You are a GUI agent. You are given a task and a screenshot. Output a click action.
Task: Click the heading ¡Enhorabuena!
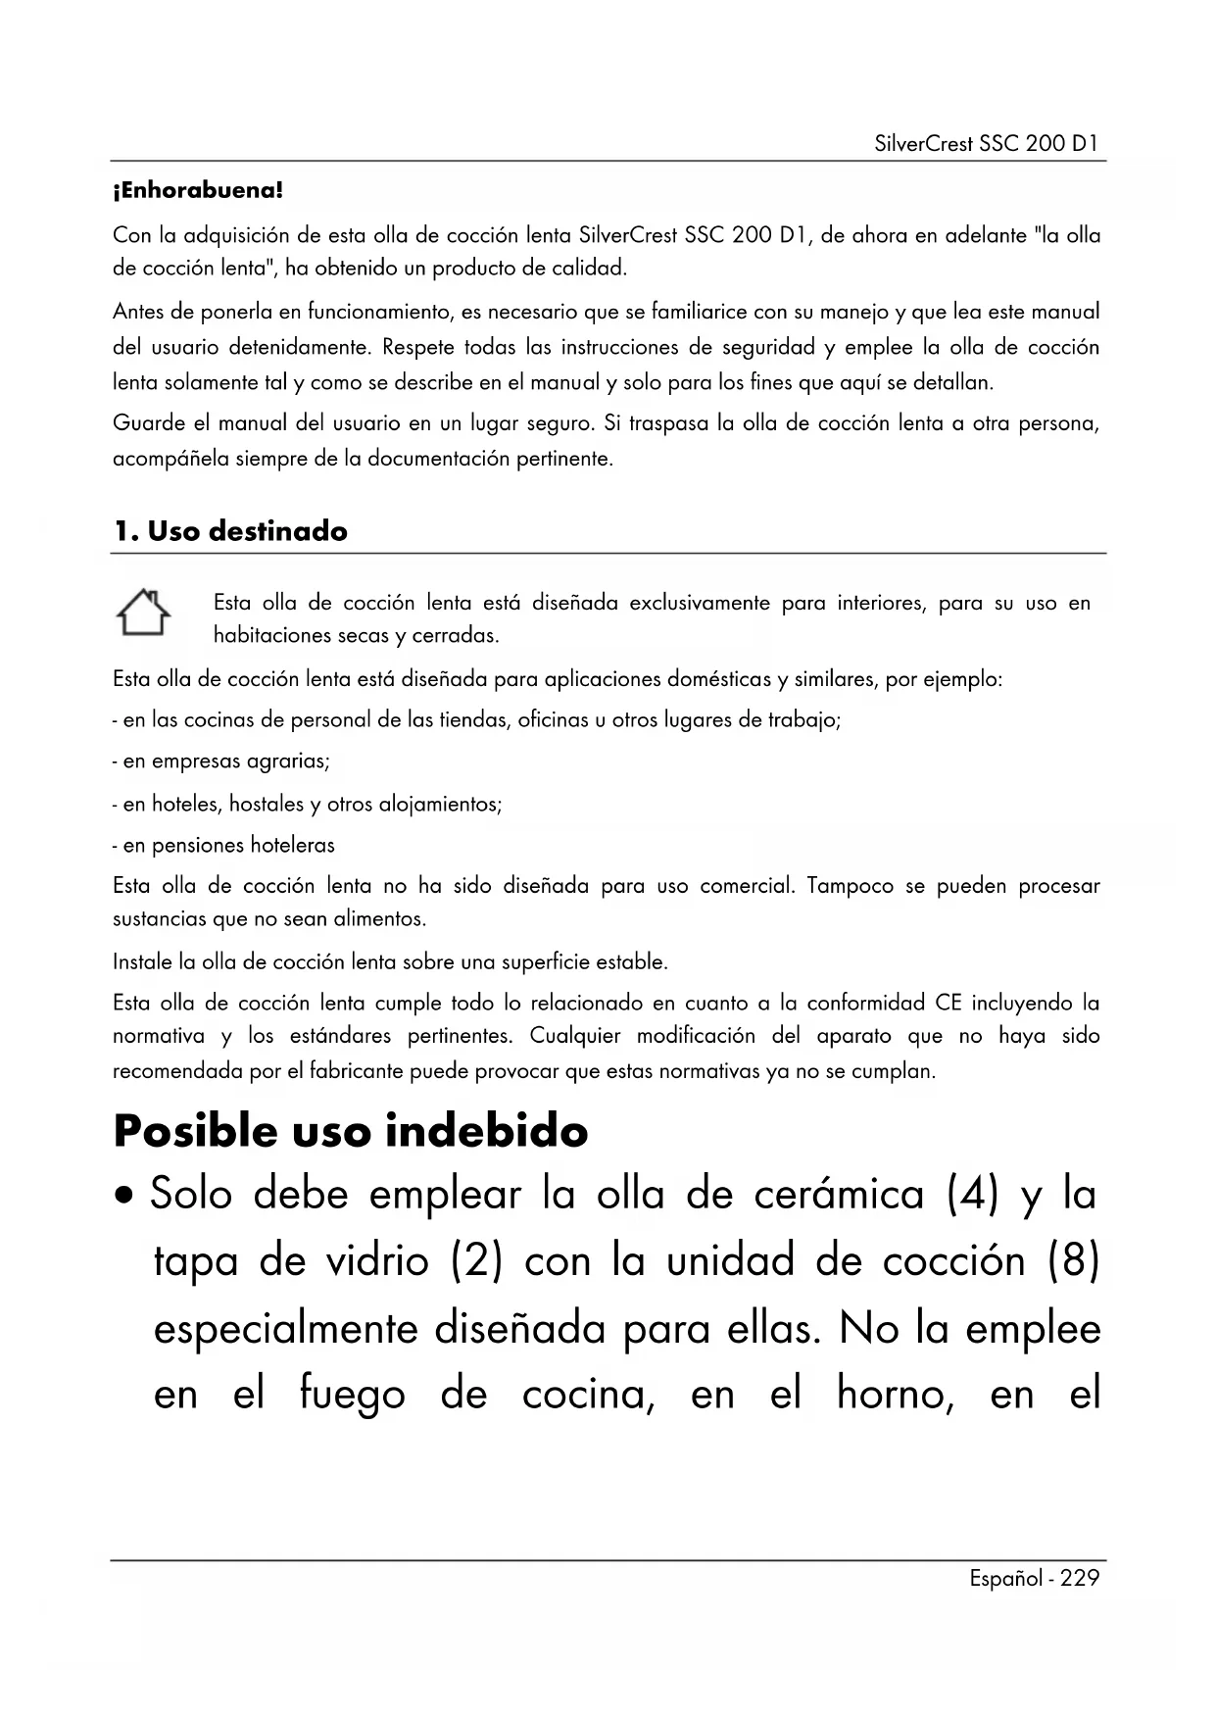coord(198,190)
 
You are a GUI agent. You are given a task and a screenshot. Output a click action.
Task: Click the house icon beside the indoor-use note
coord(143,613)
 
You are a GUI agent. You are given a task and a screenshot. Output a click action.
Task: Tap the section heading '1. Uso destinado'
coord(230,531)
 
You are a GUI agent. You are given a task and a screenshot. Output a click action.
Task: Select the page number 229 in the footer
coord(1080,1578)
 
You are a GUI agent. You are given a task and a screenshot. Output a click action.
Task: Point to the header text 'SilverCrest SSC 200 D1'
coord(987,144)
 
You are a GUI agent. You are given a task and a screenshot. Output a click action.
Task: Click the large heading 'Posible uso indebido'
coord(351,1131)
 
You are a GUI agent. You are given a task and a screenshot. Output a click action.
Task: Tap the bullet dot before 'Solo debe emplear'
coord(125,1198)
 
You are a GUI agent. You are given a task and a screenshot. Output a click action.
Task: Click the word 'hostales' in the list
coord(267,805)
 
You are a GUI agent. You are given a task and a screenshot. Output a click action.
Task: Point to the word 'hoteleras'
coord(292,845)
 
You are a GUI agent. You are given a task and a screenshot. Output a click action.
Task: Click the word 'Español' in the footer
coord(1003,1578)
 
